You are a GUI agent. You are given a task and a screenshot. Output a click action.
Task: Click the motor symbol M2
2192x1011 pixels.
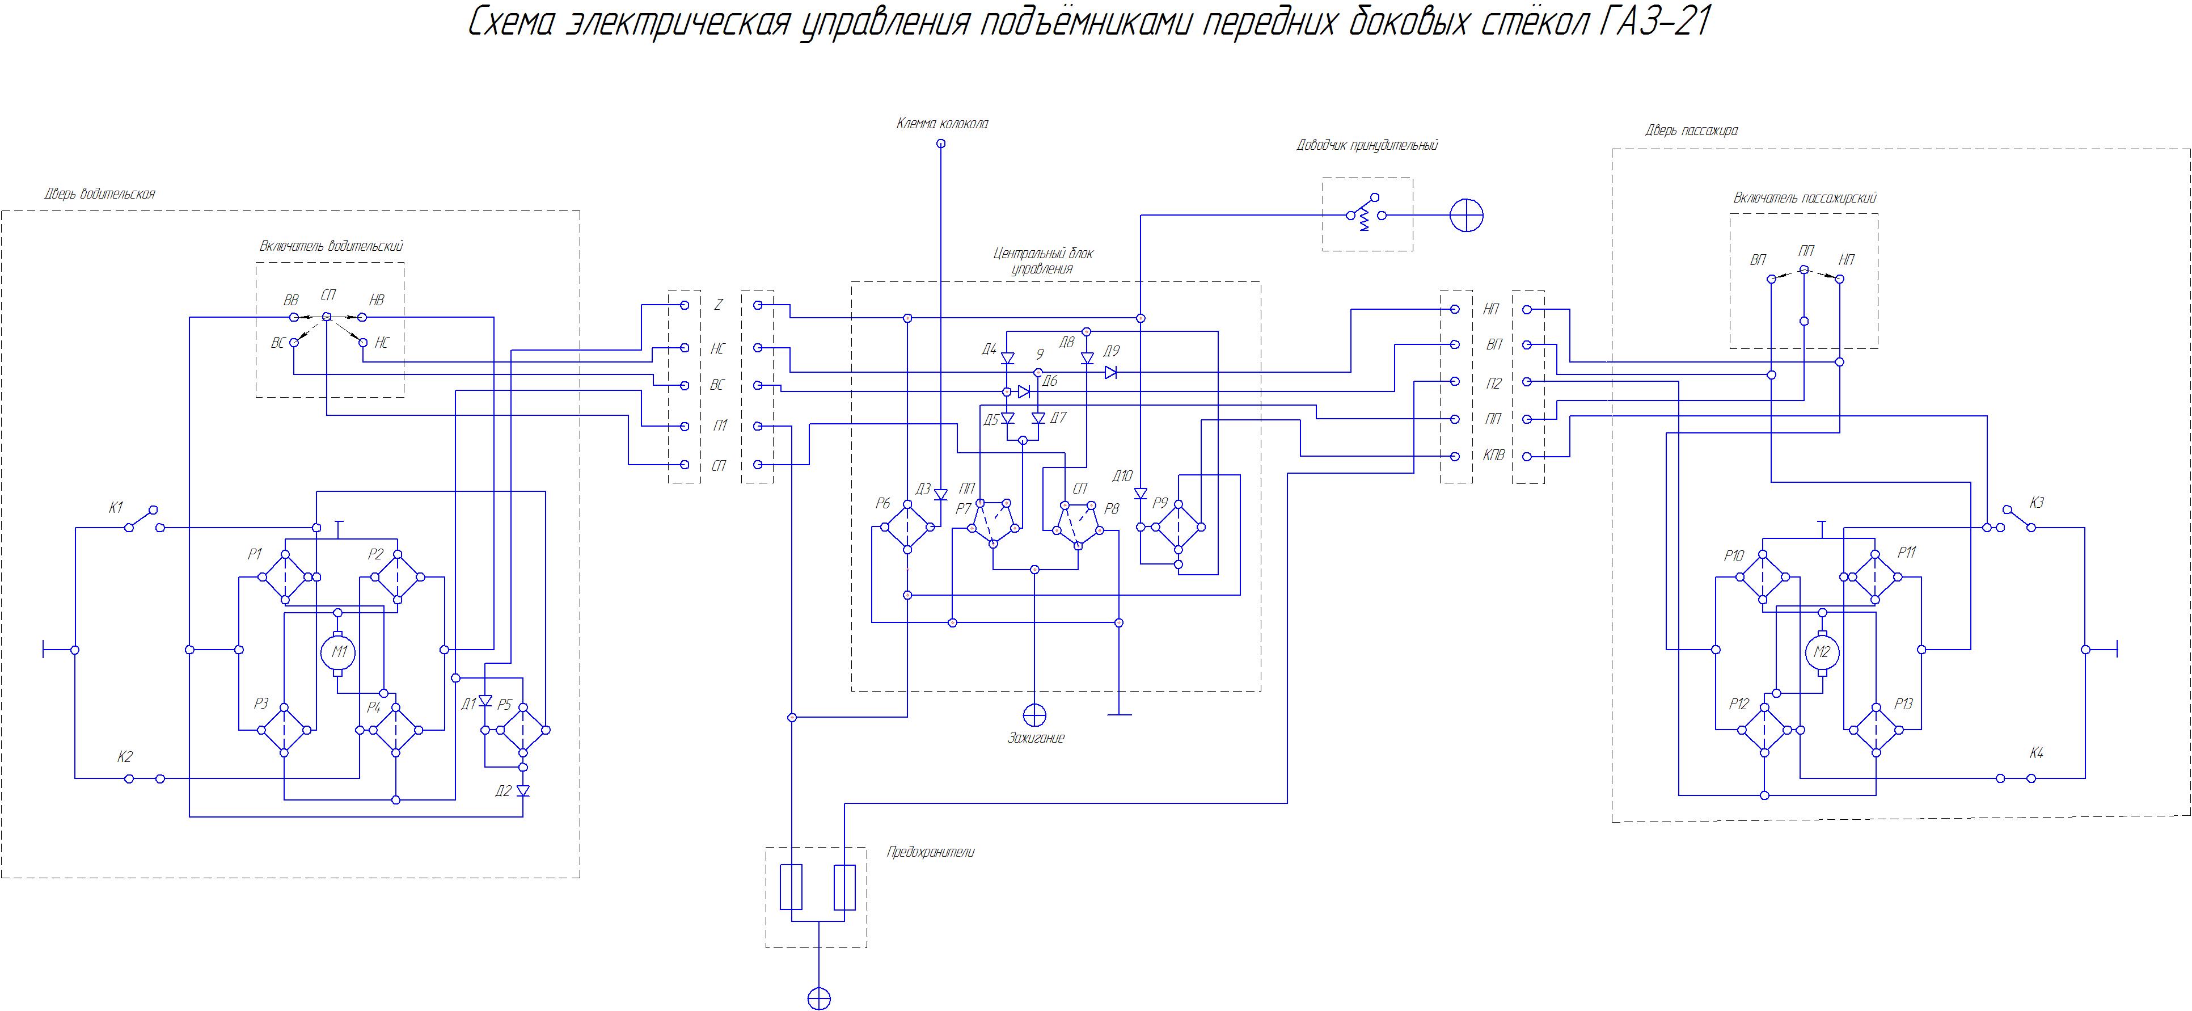pyautogui.click(x=1822, y=652)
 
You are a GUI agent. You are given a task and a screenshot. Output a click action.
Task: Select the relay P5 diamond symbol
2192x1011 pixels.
pyautogui.click(x=522, y=730)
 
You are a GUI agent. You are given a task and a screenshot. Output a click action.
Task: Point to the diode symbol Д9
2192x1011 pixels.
pyautogui.click(x=1110, y=372)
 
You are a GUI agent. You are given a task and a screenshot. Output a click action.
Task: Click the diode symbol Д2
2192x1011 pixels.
pyautogui.click(x=523, y=791)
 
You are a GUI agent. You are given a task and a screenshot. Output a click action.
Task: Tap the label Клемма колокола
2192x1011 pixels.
pyautogui.click(x=942, y=124)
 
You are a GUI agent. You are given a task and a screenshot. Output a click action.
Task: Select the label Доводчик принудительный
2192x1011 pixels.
pyautogui.click(x=1367, y=145)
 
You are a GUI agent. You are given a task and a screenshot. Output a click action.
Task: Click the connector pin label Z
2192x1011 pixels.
pyautogui.click(x=718, y=305)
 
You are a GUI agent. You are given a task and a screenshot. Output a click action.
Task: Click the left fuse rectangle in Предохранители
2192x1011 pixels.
pyautogui.click(x=791, y=887)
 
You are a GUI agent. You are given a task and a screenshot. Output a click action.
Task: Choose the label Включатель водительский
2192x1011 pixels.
pyautogui.click(x=331, y=247)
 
